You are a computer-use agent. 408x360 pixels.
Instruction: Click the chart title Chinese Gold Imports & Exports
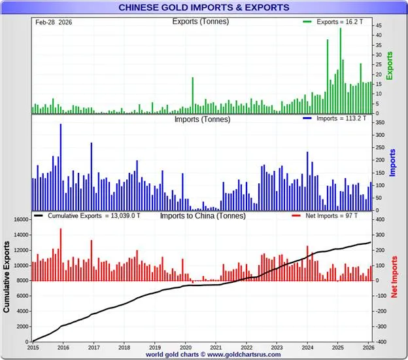203,7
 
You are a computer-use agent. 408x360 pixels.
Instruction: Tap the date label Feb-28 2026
54,22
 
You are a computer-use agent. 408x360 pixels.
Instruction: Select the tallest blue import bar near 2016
61,167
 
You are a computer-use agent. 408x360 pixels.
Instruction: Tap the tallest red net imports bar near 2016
61,255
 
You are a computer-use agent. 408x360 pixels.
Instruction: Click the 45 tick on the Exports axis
379,24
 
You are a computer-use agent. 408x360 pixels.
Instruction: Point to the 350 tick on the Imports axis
381,122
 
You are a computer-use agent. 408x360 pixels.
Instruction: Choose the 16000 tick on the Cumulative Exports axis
22,220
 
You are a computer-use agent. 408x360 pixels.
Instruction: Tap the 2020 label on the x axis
185,348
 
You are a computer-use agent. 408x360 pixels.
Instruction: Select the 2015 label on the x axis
33,348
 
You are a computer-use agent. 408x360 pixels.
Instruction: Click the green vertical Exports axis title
390,66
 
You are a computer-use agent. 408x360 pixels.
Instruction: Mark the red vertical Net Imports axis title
394,276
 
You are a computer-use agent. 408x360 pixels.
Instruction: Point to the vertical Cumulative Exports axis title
7,276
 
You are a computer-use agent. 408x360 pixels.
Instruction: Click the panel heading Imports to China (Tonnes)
203,215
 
